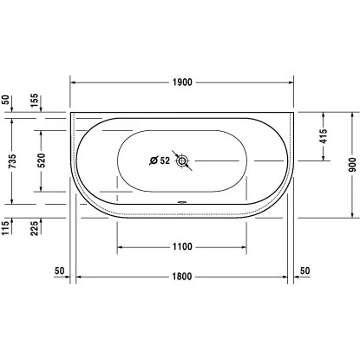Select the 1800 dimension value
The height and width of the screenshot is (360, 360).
click(x=181, y=277)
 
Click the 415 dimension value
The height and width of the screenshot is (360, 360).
click(x=323, y=135)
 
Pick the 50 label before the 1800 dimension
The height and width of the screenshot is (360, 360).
click(x=59, y=272)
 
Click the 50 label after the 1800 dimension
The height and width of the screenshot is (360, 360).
click(x=304, y=272)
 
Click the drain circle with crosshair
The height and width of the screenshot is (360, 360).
click(x=182, y=160)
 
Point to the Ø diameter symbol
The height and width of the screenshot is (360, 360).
click(x=154, y=160)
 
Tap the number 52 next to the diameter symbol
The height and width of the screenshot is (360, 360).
click(x=165, y=160)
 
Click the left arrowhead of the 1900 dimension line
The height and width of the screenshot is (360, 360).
click(x=73, y=82)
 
